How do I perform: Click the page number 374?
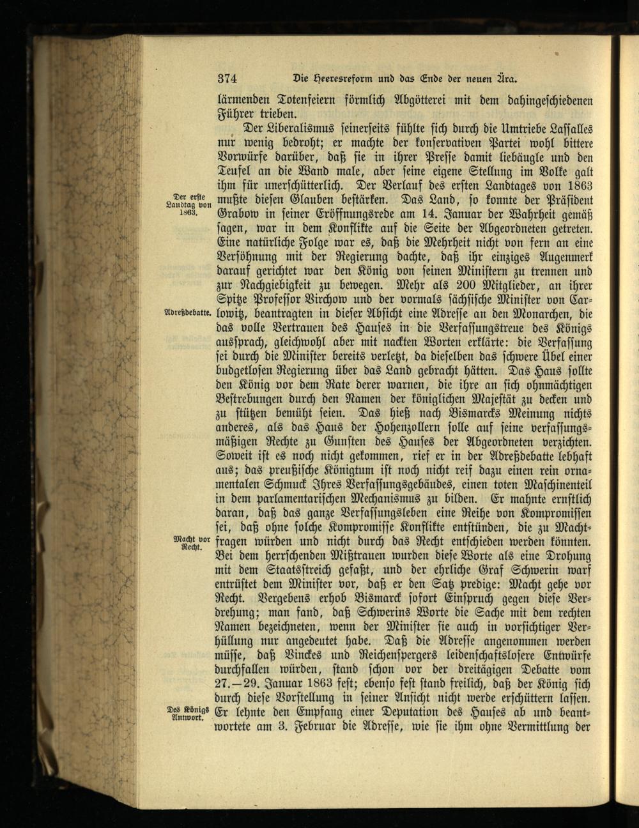[227, 79]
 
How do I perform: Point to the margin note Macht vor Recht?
[189, 544]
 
